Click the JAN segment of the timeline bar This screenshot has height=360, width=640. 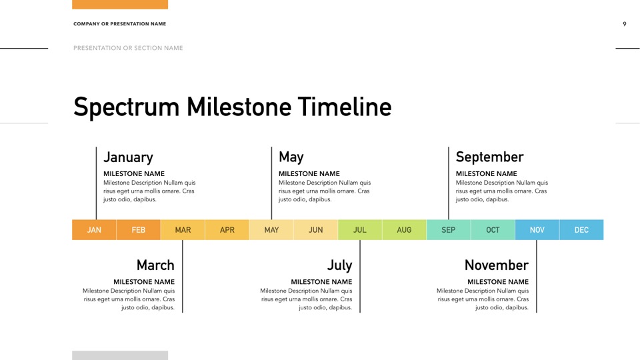tap(94, 230)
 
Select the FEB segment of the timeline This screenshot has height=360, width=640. tap(139, 230)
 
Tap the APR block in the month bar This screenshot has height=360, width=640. tap(227, 230)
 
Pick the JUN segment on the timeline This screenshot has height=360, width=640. tap(315, 230)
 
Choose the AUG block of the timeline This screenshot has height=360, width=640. tap(404, 230)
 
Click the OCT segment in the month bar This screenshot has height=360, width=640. tap(493, 230)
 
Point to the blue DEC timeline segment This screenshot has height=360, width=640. tap(581, 230)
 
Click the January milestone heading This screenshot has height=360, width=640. tap(128, 157)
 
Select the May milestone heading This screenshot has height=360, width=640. tap(291, 157)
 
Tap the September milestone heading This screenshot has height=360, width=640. tap(489, 157)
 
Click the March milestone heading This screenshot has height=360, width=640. tap(155, 265)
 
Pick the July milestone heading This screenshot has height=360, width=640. tap(339, 265)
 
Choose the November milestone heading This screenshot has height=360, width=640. tap(496, 265)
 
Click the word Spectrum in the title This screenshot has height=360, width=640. tap(127, 107)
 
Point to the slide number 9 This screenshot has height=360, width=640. tap(625, 24)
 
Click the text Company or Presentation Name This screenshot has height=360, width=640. tap(119, 24)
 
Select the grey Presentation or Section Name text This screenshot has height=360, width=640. tap(128, 48)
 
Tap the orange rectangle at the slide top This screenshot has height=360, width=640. tap(120, 5)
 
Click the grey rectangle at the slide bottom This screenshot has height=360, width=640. tap(120, 355)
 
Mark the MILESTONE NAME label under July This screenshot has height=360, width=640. tap(321, 281)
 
